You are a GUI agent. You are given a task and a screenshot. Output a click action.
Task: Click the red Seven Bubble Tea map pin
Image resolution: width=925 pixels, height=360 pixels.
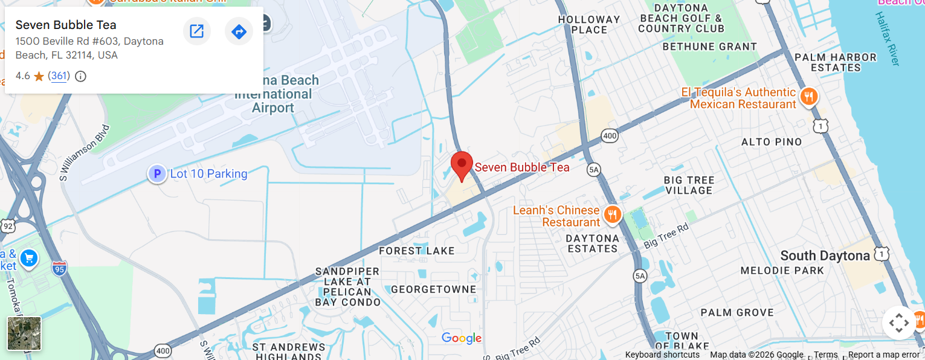click(x=462, y=164)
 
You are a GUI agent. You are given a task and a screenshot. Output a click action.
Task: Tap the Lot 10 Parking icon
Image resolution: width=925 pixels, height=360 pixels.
click(x=157, y=175)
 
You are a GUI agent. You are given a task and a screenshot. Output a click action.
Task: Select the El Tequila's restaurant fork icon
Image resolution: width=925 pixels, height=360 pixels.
click(x=808, y=97)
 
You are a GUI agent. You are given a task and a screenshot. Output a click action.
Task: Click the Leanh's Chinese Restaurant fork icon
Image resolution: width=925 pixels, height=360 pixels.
click(x=613, y=214)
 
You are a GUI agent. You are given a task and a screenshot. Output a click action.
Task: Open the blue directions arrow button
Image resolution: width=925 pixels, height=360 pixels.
click(x=239, y=31)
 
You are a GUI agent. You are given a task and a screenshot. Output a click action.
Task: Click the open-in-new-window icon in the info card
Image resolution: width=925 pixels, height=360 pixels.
click(x=196, y=31)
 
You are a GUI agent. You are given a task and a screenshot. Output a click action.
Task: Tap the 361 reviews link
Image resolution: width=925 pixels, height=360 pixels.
click(x=59, y=76)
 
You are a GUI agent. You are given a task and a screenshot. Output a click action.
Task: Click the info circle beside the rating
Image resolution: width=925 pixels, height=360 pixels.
click(x=80, y=76)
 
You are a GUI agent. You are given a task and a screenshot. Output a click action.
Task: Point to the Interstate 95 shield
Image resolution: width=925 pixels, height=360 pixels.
click(x=59, y=266)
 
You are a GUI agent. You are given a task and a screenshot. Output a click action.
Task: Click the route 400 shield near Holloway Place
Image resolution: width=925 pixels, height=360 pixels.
click(x=610, y=137)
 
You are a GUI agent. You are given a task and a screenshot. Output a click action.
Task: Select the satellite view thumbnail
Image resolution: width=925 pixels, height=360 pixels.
click(x=24, y=333)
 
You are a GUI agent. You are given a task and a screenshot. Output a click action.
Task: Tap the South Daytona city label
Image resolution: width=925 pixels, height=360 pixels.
click(x=825, y=256)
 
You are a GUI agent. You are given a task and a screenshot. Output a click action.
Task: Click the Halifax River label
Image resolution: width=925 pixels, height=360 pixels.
click(x=888, y=39)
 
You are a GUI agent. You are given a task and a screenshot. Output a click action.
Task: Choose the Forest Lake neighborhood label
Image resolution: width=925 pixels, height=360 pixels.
click(x=416, y=251)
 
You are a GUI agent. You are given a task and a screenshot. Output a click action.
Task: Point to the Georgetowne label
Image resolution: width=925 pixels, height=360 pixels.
click(x=433, y=289)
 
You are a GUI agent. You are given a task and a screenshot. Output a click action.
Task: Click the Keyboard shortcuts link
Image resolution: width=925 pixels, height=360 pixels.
click(x=662, y=355)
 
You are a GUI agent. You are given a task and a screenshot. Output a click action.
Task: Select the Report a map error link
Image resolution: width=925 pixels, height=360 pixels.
click(x=883, y=355)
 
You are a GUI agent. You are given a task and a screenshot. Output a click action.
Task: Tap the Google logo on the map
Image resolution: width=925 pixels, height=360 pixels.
click(x=462, y=338)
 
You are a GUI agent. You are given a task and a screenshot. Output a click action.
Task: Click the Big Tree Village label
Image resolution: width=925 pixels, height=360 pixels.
click(x=689, y=185)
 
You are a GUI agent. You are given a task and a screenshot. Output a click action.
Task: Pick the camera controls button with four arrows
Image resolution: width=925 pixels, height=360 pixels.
click(x=898, y=323)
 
